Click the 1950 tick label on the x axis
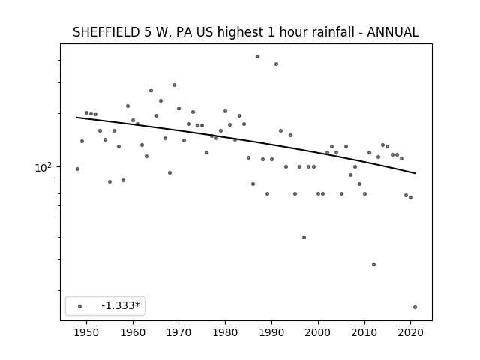87,332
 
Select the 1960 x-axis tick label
133,332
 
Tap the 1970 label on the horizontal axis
178,332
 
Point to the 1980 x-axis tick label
225,332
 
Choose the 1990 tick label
271,332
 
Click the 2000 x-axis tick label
318,332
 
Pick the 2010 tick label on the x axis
364,332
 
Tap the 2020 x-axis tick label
410,332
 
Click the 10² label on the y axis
43,167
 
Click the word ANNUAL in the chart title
393,32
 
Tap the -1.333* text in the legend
121,305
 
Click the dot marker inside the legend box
80,306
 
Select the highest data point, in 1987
258,57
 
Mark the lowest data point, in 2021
415,307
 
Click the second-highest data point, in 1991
277,64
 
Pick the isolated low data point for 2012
373,265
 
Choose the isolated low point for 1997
304,237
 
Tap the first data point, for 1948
78,169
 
